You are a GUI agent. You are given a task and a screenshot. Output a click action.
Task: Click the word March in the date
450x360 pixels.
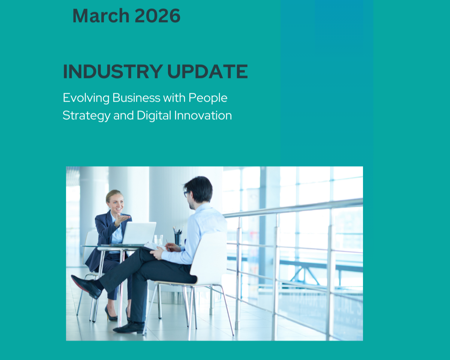click(101, 16)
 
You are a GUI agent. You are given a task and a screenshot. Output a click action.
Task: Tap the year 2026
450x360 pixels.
click(157, 16)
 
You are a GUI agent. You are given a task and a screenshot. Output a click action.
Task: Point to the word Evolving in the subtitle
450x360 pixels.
click(86, 98)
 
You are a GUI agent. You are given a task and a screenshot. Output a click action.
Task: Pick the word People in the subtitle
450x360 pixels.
click(208, 98)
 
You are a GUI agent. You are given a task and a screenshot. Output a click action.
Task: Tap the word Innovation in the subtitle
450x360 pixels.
click(203, 115)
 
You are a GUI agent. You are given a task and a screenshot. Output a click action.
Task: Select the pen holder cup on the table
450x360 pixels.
click(178, 238)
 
